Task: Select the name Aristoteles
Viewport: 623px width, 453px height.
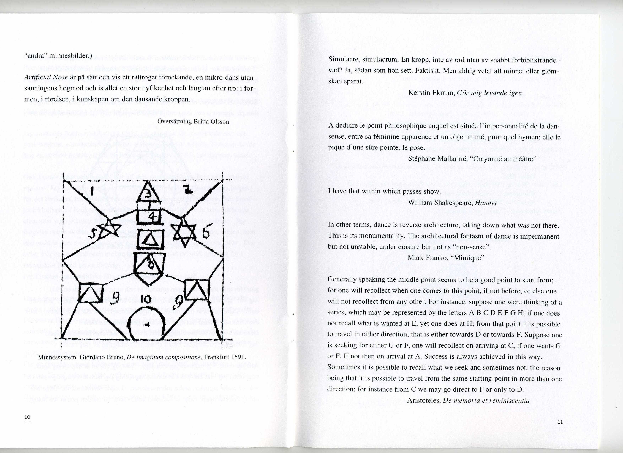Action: (424, 400)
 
